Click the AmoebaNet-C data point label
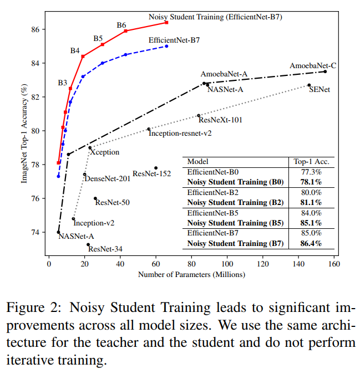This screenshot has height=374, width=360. tap(313, 65)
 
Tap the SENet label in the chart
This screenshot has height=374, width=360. tap(320, 89)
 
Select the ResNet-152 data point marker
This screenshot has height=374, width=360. tap(156, 168)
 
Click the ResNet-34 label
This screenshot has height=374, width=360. tap(105, 249)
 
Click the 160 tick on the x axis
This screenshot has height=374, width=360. tap(333, 264)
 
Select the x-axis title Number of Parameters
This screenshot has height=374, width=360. tap(191, 274)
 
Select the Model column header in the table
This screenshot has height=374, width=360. tap(198, 161)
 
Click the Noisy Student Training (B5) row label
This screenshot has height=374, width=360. tap(236, 222)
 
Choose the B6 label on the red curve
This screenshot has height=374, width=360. tap(121, 25)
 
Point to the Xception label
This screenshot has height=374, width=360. tap(104, 152)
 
